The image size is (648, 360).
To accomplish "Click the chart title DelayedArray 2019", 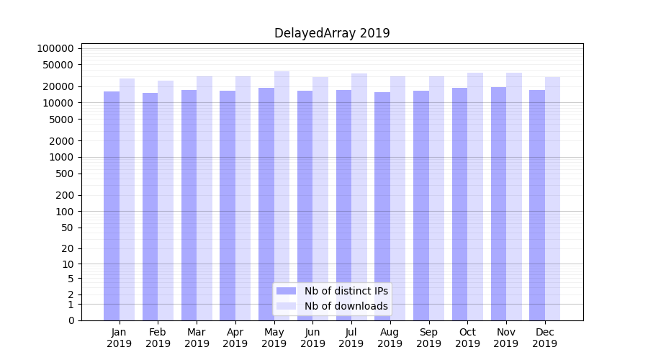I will [x=332, y=33].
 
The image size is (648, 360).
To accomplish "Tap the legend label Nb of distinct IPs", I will [x=346, y=291].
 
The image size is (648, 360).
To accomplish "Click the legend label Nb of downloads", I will [x=346, y=306].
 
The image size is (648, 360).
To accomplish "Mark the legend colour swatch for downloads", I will [x=287, y=306].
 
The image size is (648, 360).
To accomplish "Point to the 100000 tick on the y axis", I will [x=55, y=48].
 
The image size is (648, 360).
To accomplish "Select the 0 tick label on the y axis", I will [x=71, y=320].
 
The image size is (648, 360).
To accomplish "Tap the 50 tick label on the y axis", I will [x=67, y=228].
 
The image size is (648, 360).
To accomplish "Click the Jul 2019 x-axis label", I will [x=351, y=338].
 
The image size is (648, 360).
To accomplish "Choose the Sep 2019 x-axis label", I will [x=428, y=338].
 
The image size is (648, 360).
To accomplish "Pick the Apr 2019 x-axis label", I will [x=235, y=338].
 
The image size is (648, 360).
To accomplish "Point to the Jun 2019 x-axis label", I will [x=312, y=338].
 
